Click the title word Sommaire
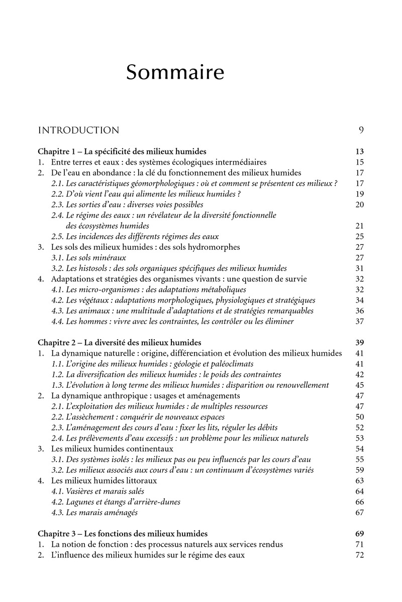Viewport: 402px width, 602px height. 175,73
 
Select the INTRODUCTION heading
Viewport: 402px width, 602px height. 79,130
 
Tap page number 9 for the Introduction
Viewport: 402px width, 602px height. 361,130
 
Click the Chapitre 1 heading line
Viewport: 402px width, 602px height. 122,152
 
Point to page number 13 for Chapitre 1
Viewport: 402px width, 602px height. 359,152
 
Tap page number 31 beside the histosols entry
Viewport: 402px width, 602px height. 359,268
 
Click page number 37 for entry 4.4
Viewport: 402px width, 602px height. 359,321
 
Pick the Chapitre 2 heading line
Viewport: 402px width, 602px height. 120,343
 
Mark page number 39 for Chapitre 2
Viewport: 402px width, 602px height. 359,343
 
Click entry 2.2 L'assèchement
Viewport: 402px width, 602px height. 138,417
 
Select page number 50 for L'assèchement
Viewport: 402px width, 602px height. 359,417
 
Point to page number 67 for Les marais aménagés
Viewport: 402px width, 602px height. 359,512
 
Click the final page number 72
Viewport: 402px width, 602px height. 359,555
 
